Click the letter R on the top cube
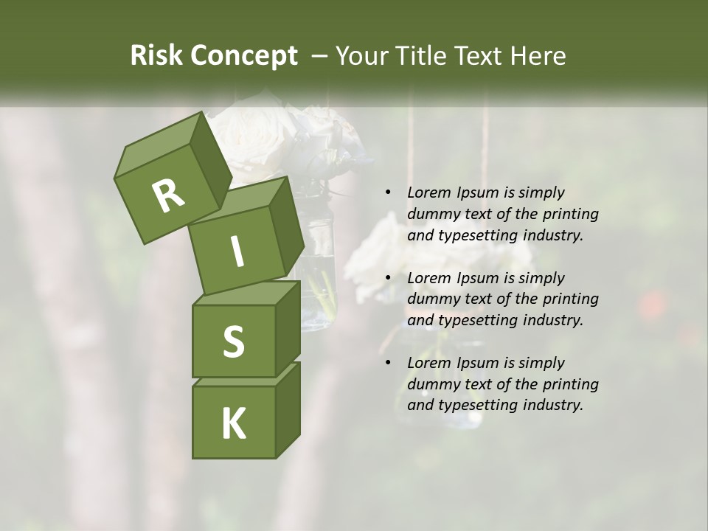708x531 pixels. pyautogui.click(x=168, y=196)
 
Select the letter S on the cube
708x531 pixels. pyautogui.click(x=233, y=341)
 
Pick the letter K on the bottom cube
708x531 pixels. pyautogui.click(x=233, y=424)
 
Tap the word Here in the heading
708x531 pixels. pyautogui.click(x=537, y=55)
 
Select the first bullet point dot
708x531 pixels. pyautogui.click(x=388, y=192)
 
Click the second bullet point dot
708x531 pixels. pyautogui.click(x=388, y=278)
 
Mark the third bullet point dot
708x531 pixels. pyautogui.click(x=388, y=363)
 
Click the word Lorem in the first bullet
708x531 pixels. pyautogui.click(x=428, y=192)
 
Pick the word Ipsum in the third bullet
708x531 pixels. pyautogui.click(x=479, y=363)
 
